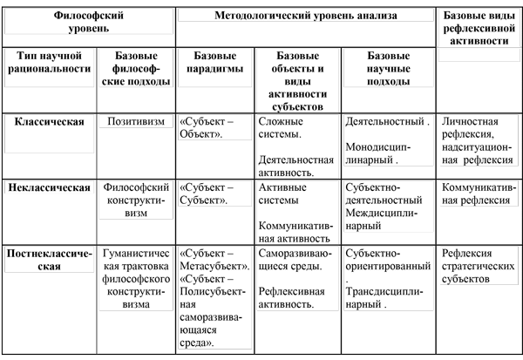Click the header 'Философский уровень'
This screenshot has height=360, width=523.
(89, 22)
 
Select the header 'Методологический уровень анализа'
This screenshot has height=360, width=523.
(306, 16)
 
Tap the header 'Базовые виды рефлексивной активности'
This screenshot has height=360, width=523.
(479, 28)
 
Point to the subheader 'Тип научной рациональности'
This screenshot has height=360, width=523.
(50, 62)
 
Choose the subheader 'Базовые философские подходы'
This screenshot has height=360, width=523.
(136, 68)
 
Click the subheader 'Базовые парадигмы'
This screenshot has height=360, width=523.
(214, 62)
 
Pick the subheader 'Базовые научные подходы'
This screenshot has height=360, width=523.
(388, 68)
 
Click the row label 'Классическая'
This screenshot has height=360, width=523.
(50, 121)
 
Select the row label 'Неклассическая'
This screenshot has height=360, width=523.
(50, 187)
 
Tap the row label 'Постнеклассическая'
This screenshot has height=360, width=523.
(50, 260)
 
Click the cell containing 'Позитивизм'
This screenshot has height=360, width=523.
(136, 121)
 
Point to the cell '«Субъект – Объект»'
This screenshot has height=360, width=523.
(207, 128)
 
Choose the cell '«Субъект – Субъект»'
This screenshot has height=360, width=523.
(207, 194)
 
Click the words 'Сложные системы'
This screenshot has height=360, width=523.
(281, 128)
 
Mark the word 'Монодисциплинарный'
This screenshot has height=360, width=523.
(378, 153)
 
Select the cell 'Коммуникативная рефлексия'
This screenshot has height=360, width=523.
(479, 194)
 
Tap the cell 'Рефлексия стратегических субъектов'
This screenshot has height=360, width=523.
(479, 266)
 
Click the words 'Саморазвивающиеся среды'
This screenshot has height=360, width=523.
(295, 260)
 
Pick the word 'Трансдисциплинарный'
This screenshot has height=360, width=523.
(384, 298)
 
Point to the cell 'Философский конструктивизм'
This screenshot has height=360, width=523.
(136, 200)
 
